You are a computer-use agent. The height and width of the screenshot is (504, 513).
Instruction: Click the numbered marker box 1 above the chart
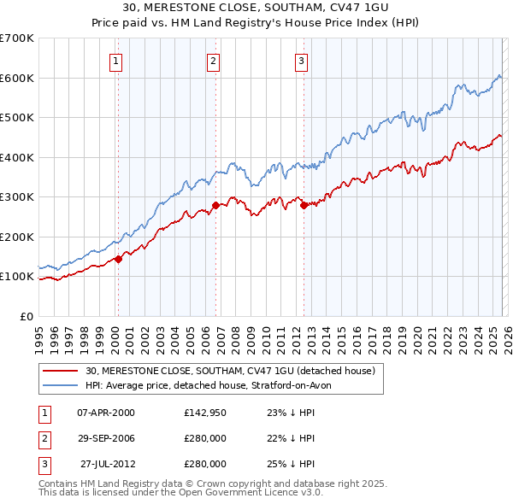coord(115,60)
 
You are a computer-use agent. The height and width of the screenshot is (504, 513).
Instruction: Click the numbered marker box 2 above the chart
coord(213,60)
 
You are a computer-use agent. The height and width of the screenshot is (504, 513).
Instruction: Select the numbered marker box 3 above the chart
coord(302,60)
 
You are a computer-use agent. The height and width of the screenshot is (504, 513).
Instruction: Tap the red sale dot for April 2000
coord(118,260)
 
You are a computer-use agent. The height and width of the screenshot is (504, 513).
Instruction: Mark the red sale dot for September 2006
coord(215,205)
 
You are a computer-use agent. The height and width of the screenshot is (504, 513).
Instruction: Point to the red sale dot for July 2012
coord(304,205)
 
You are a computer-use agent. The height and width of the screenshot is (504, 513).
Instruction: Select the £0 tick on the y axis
coord(26,316)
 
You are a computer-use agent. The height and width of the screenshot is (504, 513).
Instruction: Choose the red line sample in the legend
coord(61,371)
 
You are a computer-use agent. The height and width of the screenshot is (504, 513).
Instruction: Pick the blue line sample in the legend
coord(61,385)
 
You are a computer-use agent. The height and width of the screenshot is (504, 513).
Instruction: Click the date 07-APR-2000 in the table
coord(105,413)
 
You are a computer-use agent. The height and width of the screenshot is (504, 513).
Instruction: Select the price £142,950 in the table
coord(205,413)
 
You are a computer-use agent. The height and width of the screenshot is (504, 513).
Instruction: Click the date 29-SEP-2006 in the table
coord(105,438)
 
